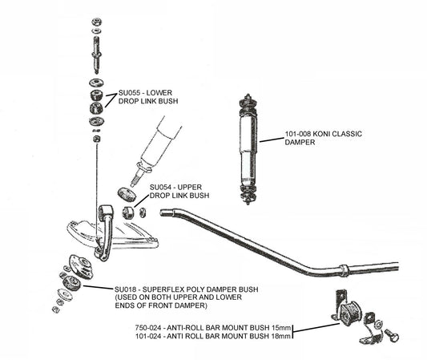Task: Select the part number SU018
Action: click(x=128, y=289)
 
